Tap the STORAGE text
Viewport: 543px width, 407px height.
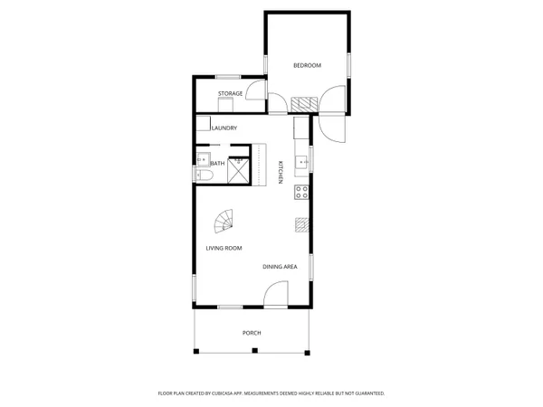pyautogui.click(x=230, y=93)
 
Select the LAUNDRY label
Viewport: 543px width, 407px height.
pyautogui.click(x=224, y=128)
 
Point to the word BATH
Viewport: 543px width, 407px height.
pyautogui.click(x=218, y=164)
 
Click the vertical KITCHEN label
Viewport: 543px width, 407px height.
pyautogui.click(x=281, y=172)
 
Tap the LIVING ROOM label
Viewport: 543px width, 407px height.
pyautogui.click(x=224, y=248)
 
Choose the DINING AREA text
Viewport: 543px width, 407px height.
pyautogui.click(x=280, y=267)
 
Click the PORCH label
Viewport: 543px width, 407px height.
pyautogui.click(x=252, y=333)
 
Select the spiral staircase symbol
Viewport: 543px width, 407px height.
pyautogui.click(x=223, y=220)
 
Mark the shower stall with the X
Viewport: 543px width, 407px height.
pyautogui.click(x=237, y=171)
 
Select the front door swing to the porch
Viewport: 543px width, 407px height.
pyautogui.click(x=275, y=294)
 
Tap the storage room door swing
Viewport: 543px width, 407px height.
pyautogui.click(x=258, y=91)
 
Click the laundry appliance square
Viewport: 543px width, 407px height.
pyautogui.click(x=204, y=125)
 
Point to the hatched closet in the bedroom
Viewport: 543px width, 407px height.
pyautogui.click(x=303, y=102)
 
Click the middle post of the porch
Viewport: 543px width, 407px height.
pyautogui.click(x=252, y=351)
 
